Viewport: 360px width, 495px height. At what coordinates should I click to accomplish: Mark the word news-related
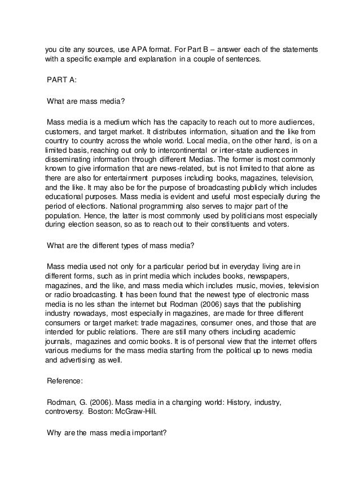(x=190, y=168)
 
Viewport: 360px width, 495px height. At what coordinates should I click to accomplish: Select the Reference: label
(x=65, y=381)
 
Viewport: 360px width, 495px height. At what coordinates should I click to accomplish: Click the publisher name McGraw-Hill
(x=156, y=412)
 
